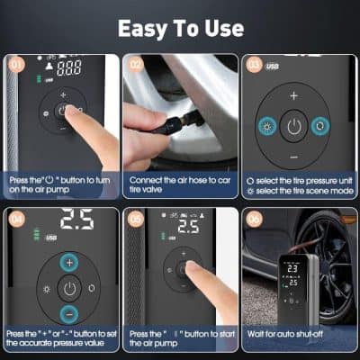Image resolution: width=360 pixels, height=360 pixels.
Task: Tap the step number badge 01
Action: (x=16, y=65)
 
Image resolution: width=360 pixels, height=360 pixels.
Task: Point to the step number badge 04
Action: (x=16, y=217)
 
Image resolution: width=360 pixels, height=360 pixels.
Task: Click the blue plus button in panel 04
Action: (x=70, y=262)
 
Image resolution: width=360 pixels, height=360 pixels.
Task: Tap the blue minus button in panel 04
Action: (x=70, y=314)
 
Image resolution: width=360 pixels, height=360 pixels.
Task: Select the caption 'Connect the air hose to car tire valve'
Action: (x=178, y=185)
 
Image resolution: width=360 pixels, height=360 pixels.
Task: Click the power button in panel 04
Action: (x=70, y=288)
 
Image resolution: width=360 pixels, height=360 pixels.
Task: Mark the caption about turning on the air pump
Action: (x=59, y=185)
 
